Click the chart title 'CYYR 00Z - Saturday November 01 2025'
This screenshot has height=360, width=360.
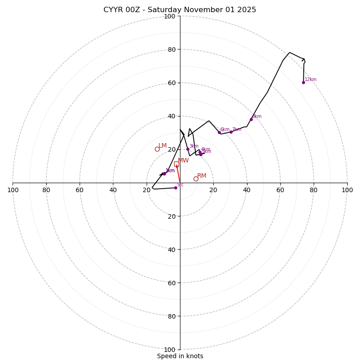180,10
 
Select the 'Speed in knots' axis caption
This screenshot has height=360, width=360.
180,356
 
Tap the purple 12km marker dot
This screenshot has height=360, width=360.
303,82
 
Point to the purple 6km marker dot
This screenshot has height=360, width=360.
219,132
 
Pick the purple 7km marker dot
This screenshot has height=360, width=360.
231,132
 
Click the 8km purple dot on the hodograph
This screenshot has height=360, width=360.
251,119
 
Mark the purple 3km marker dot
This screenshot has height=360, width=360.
188,149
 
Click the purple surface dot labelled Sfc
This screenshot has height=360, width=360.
175,188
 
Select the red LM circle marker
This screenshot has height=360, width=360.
157,149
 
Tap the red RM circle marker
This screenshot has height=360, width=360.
196,179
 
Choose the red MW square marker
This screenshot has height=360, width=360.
176,164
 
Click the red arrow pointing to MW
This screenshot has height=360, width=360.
178,173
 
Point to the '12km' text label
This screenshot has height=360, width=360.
310,80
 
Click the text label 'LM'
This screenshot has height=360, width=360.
162,146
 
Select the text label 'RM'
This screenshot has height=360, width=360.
202,176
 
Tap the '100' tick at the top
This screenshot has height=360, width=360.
170,17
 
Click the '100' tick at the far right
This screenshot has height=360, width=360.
347,190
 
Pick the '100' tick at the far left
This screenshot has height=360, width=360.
13,190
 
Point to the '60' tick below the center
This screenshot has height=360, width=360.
170,283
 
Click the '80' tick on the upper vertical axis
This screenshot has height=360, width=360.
171,49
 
